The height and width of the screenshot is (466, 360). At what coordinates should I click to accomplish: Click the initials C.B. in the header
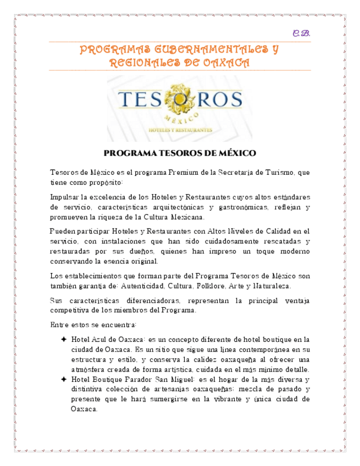tap(302, 34)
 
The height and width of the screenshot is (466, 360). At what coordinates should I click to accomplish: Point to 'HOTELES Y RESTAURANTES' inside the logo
tap(179, 130)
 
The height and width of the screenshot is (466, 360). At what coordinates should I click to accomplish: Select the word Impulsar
tap(64, 197)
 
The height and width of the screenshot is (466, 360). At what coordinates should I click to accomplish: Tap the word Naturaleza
tap(268, 286)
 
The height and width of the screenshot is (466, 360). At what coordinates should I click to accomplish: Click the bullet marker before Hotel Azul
tap(64, 339)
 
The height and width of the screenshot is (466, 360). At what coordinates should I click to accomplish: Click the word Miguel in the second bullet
tap(180, 379)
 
